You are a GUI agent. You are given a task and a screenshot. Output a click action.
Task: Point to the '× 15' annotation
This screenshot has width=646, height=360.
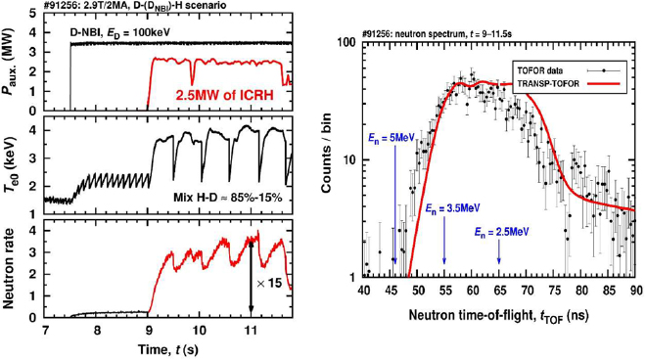[x=269, y=282]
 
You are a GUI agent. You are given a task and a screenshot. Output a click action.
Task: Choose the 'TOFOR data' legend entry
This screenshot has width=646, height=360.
[x=537, y=70]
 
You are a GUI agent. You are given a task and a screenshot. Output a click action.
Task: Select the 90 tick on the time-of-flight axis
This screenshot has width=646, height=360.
[x=635, y=291]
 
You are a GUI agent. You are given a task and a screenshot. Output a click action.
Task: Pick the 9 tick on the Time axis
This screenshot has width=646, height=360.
[x=148, y=332]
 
